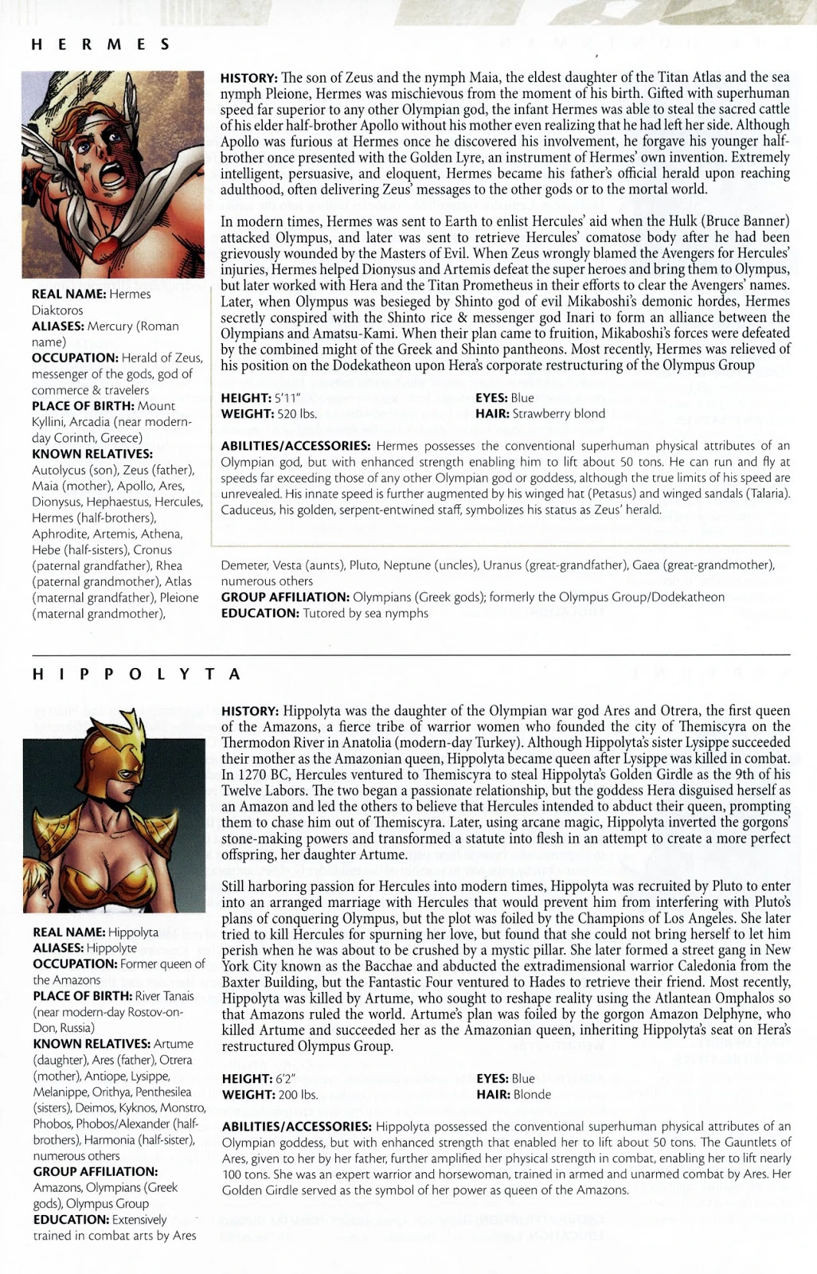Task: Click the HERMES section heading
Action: [100, 45]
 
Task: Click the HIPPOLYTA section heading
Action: [136, 674]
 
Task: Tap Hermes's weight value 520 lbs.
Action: [296, 414]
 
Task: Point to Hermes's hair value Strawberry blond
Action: [558, 414]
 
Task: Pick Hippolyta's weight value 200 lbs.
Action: [298, 1095]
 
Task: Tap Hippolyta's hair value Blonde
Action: [532, 1095]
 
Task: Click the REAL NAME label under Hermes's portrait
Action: [68, 295]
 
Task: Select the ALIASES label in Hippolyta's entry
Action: [58, 948]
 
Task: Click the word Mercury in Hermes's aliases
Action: [110, 326]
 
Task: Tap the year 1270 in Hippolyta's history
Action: [252, 775]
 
